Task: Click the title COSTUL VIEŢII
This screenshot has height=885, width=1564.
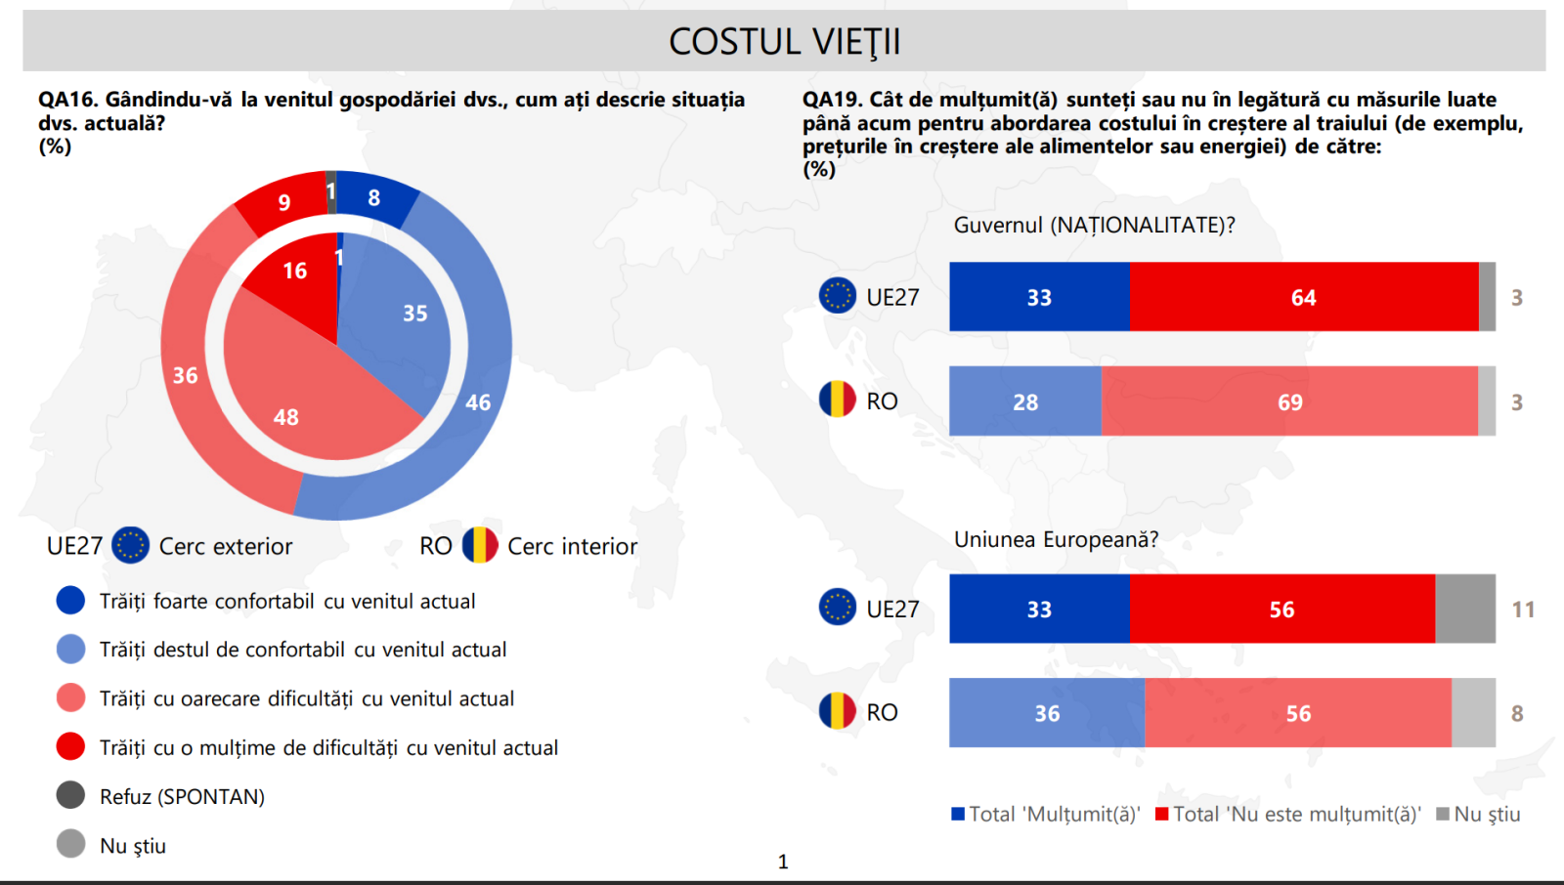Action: click(784, 41)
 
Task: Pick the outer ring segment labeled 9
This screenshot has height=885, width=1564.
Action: click(282, 202)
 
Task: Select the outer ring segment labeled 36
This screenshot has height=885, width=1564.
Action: click(184, 376)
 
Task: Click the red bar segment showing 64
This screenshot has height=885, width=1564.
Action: click(1303, 297)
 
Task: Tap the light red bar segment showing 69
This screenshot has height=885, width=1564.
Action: click(1289, 401)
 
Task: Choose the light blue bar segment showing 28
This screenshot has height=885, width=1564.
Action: click(1024, 401)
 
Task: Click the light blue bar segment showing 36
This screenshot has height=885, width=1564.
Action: click(1046, 713)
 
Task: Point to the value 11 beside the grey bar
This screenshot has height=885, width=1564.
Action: click(1523, 610)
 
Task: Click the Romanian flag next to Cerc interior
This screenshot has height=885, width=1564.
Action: click(480, 545)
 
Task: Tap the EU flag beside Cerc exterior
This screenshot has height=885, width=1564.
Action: click(130, 545)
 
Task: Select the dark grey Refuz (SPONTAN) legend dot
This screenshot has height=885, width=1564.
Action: click(70, 795)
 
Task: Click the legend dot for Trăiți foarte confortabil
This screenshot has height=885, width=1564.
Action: click(70, 600)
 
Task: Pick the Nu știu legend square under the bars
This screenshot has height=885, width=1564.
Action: click(1443, 814)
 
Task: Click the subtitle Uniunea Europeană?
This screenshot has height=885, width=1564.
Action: click(1056, 539)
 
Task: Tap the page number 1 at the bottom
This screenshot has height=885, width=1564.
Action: click(783, 862)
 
